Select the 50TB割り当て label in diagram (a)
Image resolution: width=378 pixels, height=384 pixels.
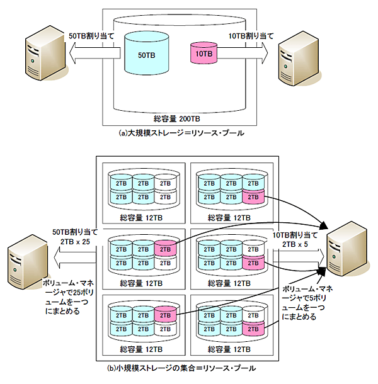click(90, 37)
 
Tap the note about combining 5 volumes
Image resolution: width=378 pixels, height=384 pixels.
click(302, 300)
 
